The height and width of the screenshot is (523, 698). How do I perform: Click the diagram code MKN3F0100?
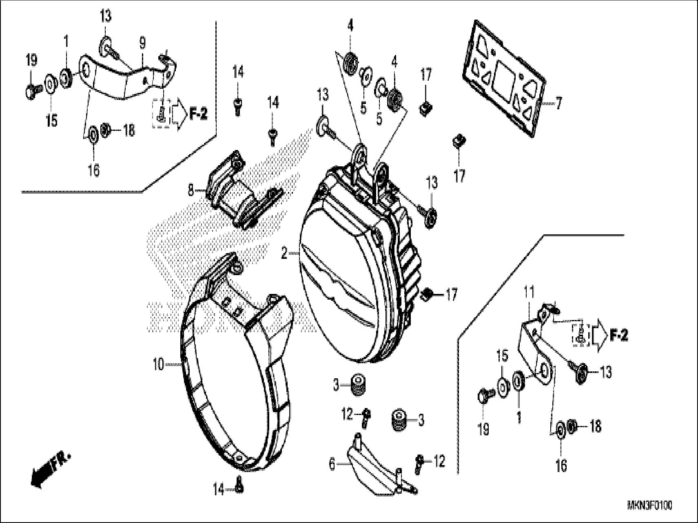point(649,506)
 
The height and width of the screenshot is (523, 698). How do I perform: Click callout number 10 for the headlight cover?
point(158,364)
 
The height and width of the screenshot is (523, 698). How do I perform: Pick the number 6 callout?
point(332,464)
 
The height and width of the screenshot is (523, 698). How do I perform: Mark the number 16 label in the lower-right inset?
point(561,465)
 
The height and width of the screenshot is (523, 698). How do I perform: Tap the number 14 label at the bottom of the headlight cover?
point(219,490)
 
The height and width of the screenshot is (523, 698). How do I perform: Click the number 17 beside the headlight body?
point(451,295)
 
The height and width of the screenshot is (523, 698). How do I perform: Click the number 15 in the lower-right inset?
point(502,356)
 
